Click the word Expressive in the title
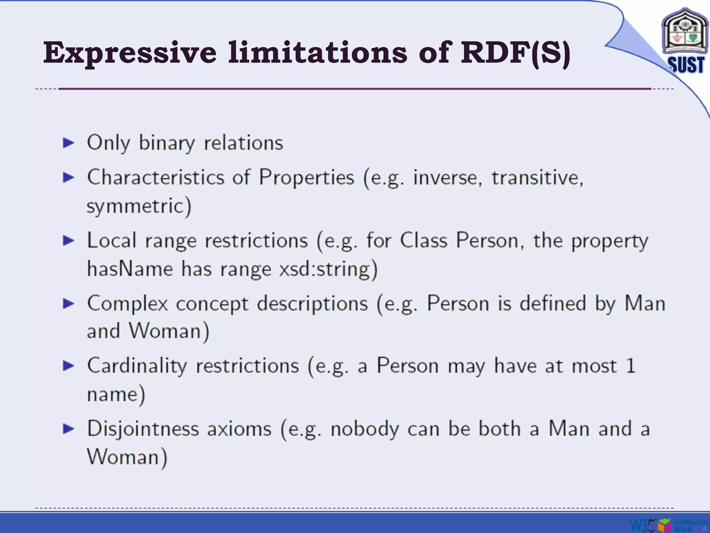[130, 53]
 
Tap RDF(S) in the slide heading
[515, 53]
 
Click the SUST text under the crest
[686, 65]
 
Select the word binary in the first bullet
[167, 143]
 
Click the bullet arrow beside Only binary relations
[69, 143]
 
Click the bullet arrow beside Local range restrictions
[69, 240]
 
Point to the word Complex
[128, 304]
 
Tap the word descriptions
[312, 304]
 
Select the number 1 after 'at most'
[631, 366]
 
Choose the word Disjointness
[143, 429]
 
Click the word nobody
[365, 429]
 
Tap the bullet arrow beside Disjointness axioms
[69, 429]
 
